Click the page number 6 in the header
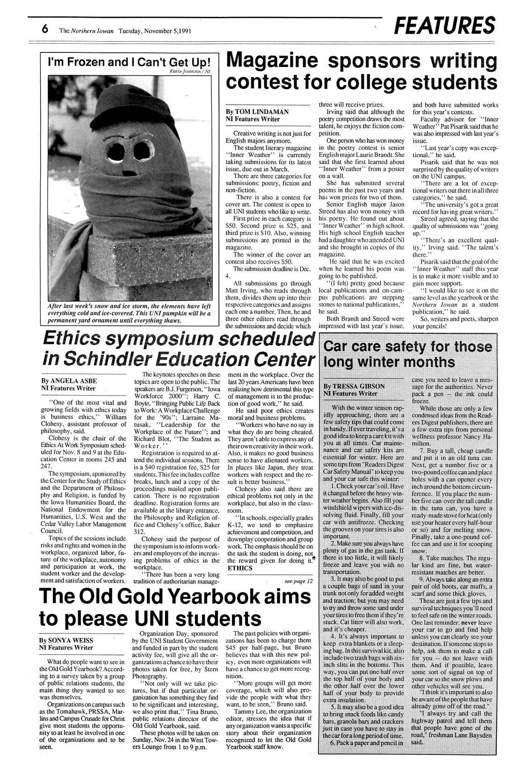(x=45, y=30)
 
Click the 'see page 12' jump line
(x=298, y=581)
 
